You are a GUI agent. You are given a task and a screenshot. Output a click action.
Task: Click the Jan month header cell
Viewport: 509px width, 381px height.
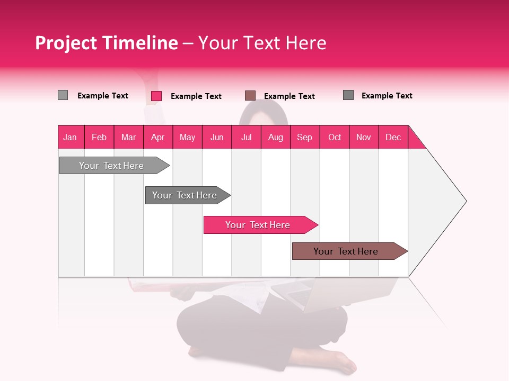point(71,137)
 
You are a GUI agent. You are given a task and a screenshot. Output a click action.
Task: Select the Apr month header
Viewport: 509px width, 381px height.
point(158,137)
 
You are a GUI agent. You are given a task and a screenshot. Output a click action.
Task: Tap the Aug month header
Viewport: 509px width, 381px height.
point(276,137)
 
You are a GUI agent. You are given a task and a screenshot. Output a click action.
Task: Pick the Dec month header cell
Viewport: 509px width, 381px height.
point(393,137)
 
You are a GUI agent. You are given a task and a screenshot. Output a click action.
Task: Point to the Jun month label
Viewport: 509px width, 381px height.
point(217,137)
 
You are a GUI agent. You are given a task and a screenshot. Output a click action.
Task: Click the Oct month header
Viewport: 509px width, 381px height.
point(335,137)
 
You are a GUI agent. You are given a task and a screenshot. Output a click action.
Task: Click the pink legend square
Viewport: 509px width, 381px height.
point(156,96)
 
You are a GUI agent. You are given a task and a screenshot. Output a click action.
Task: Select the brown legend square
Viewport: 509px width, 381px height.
point(250,95)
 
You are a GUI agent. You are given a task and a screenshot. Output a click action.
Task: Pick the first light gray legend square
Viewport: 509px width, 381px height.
point(63,95)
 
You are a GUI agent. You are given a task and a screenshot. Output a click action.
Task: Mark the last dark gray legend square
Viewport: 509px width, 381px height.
point(348,95)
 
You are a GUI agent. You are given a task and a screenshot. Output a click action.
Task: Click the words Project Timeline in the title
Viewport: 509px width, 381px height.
point(106,43)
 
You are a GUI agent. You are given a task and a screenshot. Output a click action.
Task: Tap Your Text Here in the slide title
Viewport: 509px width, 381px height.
point(262,43)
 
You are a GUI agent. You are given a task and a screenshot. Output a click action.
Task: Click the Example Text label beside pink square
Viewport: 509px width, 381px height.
point(196,96)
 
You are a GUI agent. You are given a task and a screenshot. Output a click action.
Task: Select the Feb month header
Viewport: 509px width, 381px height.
point(99,137)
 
